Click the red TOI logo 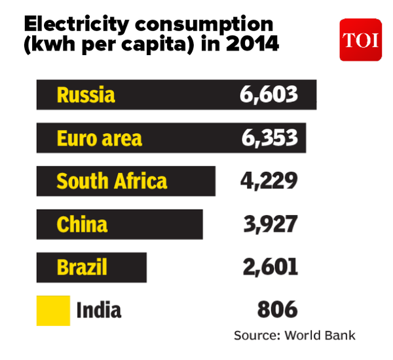(360, 39)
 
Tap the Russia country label (86, 95)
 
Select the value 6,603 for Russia (269, 95)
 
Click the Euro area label (99, 138)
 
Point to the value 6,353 (269, 138)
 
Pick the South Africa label (112, 181)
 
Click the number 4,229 (269, 181)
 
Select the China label (82, 224)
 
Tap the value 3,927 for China (269, 224)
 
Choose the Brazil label (82, 268)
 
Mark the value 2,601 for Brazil (269, 268)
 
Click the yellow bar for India (53, 310)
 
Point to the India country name (99, 310)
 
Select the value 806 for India (277, 310)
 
